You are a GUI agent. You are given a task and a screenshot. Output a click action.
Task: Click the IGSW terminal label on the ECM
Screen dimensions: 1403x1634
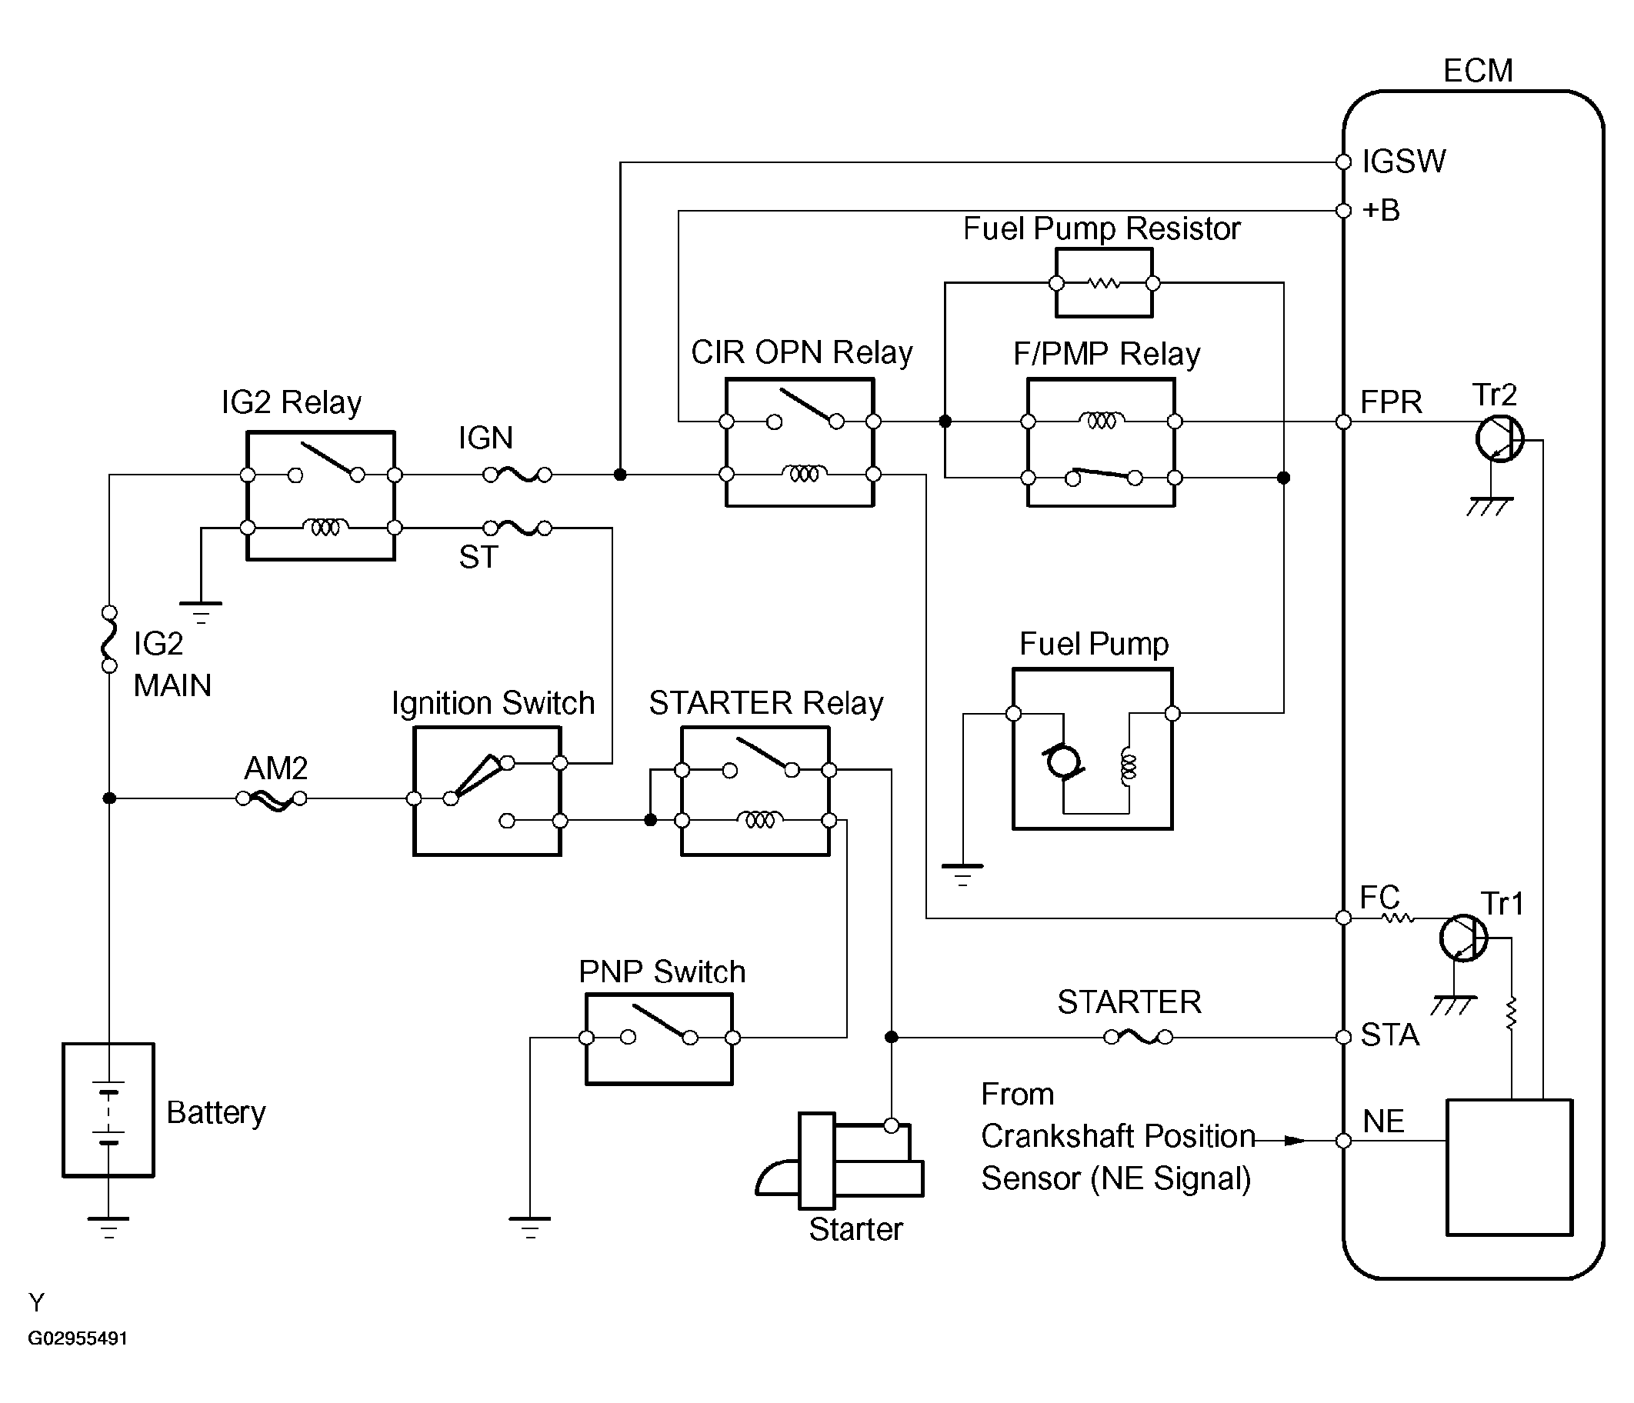click(1404, 162)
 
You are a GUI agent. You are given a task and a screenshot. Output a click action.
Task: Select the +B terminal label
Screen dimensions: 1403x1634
click(1381, 211)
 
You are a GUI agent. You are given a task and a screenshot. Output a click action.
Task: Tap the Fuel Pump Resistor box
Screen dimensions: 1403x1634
click(1104, 283)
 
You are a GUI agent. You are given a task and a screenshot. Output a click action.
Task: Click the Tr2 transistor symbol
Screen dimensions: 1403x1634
click(1499, 439)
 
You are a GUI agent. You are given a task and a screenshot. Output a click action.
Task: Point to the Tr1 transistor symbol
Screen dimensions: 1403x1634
click(1464, 938)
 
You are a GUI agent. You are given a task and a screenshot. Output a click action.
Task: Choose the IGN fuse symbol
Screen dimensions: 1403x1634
click(517, 475)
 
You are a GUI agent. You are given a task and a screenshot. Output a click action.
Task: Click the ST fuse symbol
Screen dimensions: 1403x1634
click(517, 528)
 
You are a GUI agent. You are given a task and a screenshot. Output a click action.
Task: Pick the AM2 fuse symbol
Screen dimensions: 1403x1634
click(272, 799)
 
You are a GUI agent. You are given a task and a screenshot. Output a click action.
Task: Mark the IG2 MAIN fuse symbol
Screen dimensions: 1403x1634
click(109, 638)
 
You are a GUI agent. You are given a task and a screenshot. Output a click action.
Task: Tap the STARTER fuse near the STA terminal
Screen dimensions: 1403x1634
click(1139, 1037)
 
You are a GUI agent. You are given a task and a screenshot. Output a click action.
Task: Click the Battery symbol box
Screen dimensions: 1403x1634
click(108, 1110)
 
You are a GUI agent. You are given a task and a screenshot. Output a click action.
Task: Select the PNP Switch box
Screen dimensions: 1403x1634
click(659, 1038)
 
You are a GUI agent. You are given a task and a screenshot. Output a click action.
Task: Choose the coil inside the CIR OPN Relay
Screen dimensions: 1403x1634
click(804, 473)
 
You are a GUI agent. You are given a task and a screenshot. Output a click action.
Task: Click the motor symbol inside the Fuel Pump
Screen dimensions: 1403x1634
click(1063, 761)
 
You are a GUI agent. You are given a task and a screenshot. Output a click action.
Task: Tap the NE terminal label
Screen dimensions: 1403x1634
click(1383, 1121)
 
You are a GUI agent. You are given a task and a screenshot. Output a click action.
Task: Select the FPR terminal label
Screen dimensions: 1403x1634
click(1391, 402)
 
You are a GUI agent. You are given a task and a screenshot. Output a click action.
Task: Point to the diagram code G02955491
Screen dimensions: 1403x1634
click(77, 1338)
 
